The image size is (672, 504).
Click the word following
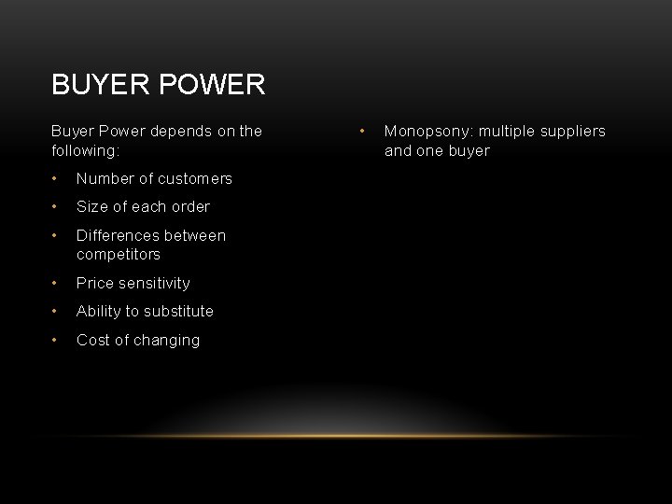[x=88, y=150]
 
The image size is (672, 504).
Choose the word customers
[x=195, y=178]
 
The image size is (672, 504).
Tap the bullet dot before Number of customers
[x=56, y=178]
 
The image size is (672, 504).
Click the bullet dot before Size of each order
[x=56, y=206]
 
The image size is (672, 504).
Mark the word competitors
[x=119, y=254]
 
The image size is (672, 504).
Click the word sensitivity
[x=154, y=283]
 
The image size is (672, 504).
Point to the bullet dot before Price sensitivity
[x=56, y=283]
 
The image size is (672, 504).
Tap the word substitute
[x=178, y=311]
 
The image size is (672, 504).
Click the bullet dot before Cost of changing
[x=56, y=340]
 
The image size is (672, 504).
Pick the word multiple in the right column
[x=507, y=131]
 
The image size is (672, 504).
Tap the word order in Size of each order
[x=190, y=206]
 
